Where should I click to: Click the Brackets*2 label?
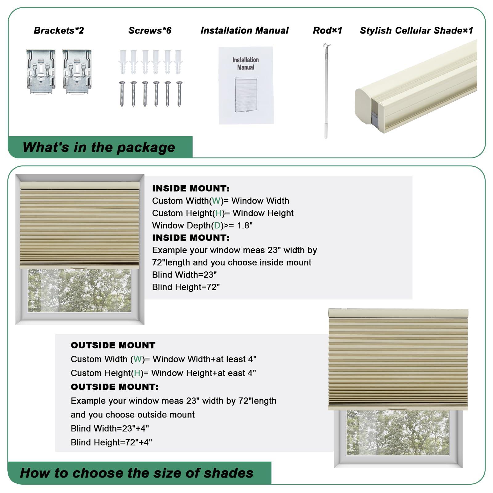[x=59, y=31]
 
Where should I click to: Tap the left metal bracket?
[x=41, y=71]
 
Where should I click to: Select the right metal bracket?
[x=77, y=71]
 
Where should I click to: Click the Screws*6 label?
[x=150, y=31]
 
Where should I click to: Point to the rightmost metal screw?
[x=179, y=94]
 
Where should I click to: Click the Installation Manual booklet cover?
[x=246, y=85]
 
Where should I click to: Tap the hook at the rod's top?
[x=326, y=47]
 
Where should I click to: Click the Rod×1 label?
[x=327, y=31]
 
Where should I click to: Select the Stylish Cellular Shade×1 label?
[x=416, y=31]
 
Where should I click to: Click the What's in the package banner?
[x=99, y=147]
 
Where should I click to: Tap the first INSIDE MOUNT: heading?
[x=191, y=188]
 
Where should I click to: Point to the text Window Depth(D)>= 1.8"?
[x=202, y=226]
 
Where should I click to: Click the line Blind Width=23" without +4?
[x=184, y=275]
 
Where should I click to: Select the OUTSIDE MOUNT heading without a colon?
[x=113, y=345]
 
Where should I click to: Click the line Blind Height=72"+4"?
[x=111, y=442]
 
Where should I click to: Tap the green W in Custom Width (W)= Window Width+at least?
[x=137, y=359]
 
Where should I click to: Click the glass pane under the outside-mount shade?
[x=397, y=433]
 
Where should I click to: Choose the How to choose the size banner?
[x=136, y=473]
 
